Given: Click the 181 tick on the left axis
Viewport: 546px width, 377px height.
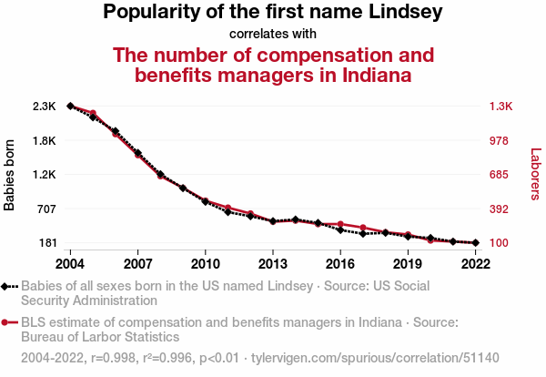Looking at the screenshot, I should [46, 243].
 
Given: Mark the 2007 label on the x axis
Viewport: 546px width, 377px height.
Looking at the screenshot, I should [137, 264].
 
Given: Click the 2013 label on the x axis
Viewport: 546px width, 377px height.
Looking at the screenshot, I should [272, 264].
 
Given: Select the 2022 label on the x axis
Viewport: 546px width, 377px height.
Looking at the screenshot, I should [475, 264].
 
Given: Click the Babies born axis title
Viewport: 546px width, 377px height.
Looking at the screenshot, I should [10, 175].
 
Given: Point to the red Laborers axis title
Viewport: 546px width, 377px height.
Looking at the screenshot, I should [536, 175].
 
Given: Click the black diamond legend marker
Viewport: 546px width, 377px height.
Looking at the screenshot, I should [7, 287].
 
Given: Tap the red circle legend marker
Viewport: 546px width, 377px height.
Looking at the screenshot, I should [7, 322].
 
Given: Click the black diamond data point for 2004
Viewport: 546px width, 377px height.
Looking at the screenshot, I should [70, 107].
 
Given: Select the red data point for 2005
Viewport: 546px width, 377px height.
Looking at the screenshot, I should [93, 113].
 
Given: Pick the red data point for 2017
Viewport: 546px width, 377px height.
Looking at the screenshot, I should [363, 228].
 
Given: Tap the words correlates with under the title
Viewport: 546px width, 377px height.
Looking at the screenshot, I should [272, 35].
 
